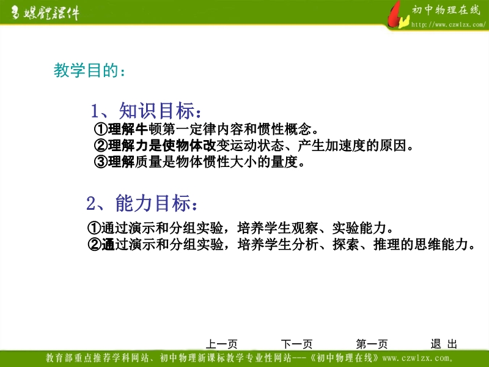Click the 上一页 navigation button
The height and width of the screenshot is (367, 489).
(222, 344)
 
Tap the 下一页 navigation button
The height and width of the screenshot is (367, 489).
(296, 344)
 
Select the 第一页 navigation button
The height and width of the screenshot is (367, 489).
(372, 344)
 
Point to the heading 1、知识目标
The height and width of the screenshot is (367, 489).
(145, 111)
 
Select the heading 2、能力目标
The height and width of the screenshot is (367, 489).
(142, 203)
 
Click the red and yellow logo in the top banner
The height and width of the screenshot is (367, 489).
(398, 15)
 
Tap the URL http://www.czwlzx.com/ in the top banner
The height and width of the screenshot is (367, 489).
(448, 24)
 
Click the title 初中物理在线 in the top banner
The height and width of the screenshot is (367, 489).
(446, 10)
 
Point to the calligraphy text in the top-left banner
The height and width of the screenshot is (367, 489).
(45, 13)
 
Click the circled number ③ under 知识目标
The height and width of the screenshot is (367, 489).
(101, 161)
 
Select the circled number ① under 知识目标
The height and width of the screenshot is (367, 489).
(101, 129)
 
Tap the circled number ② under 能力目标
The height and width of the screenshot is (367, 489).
(94, 244)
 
